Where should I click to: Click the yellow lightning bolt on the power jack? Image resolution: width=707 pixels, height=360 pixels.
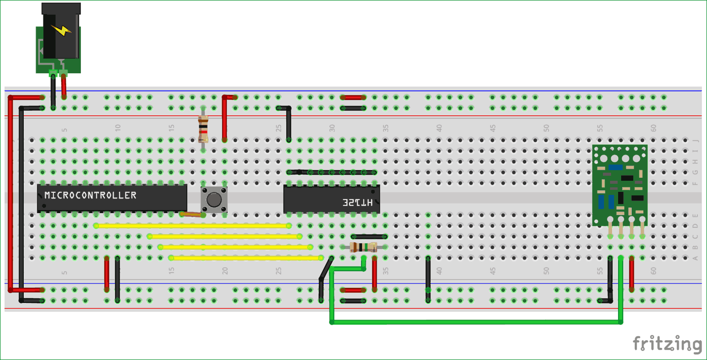pyautogui.click(x=61, y=31)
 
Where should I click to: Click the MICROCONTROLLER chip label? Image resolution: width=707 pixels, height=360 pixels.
pyautogui.click(x=90, y=195)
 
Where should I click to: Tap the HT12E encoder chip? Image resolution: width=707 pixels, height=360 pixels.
pyautogui.click(x=331, y=199)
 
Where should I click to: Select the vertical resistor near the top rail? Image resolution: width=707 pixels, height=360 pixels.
pyautogui.click(x=203, y=129)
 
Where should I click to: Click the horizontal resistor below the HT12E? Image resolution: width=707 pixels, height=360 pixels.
pyautogui.click(x=363, y=247)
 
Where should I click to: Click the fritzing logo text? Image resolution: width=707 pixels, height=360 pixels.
pyautogui.click(x=667, y=344)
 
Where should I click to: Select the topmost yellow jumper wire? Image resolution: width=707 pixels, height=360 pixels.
pyautogui.click(x=192, y=226)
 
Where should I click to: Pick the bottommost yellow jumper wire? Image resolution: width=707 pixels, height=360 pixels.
pyautogui.click(x=246, y=258)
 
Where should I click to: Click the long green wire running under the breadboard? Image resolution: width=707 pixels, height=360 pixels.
pyautogui.click(x=475, y=322)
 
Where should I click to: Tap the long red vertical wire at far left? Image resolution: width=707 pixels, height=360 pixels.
pyautogui.click(x=10, y=192)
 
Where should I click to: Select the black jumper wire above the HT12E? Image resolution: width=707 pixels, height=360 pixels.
pyautogui.click(x=332, y=172)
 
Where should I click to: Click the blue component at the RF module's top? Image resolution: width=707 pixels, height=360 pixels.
pyautogui.click(x=616, y=167)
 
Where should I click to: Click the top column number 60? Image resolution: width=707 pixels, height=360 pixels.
pyautogui.click(x=653, y=128)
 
